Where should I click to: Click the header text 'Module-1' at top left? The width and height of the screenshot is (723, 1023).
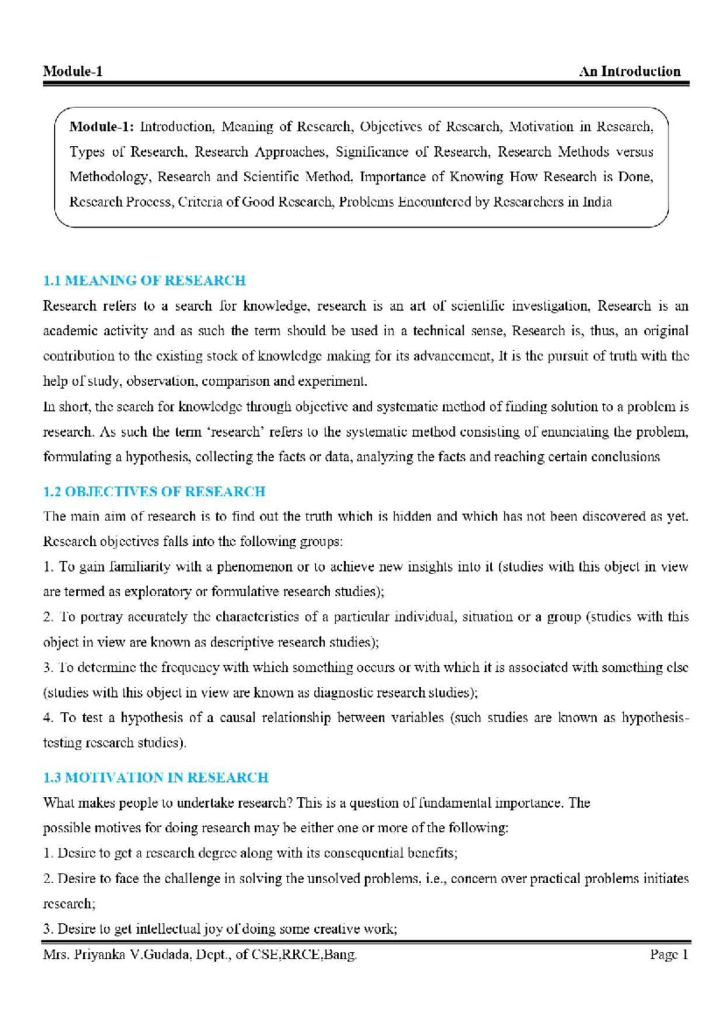click(x=73, y=72)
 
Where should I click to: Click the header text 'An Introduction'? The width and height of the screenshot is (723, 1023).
click(x=630, y=72)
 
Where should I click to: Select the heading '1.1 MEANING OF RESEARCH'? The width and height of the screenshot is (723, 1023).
click(x=145, y=281)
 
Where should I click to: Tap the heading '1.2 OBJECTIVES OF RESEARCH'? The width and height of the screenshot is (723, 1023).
click(x=154, y=492)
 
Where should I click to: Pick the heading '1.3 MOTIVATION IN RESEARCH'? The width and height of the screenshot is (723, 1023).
click(x=156, y=778)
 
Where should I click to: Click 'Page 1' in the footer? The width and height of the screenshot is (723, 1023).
click(x=668, y=955)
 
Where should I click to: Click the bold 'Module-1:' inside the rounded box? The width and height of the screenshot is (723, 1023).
click(x=102, y=127)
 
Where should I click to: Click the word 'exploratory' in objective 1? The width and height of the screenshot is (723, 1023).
click(x=158, y=592)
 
